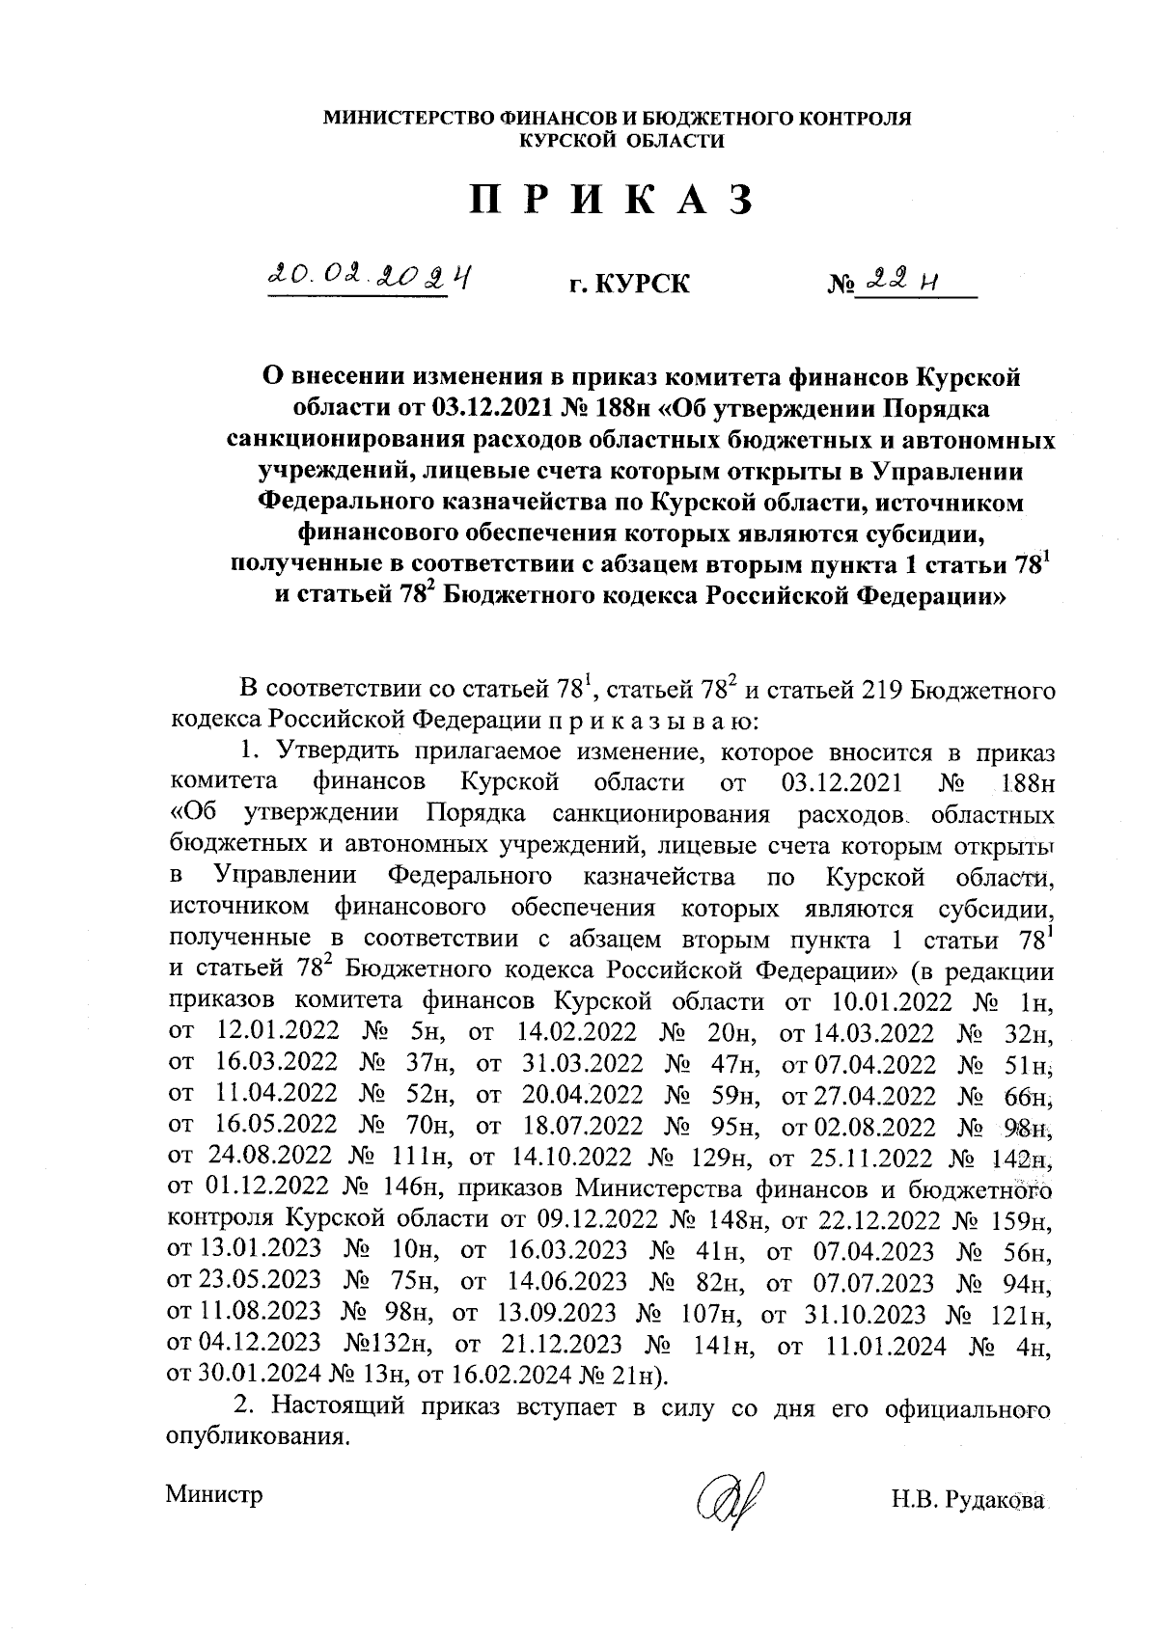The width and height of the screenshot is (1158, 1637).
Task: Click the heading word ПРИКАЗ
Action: [x=611, y=200]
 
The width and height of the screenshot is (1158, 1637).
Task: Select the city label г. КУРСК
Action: [x=629, y=285]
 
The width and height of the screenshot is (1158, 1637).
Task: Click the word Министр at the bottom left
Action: [x=214, y=1495]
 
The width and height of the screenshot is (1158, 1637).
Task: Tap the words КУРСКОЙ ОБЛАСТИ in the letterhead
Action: [x=621, y=141]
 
